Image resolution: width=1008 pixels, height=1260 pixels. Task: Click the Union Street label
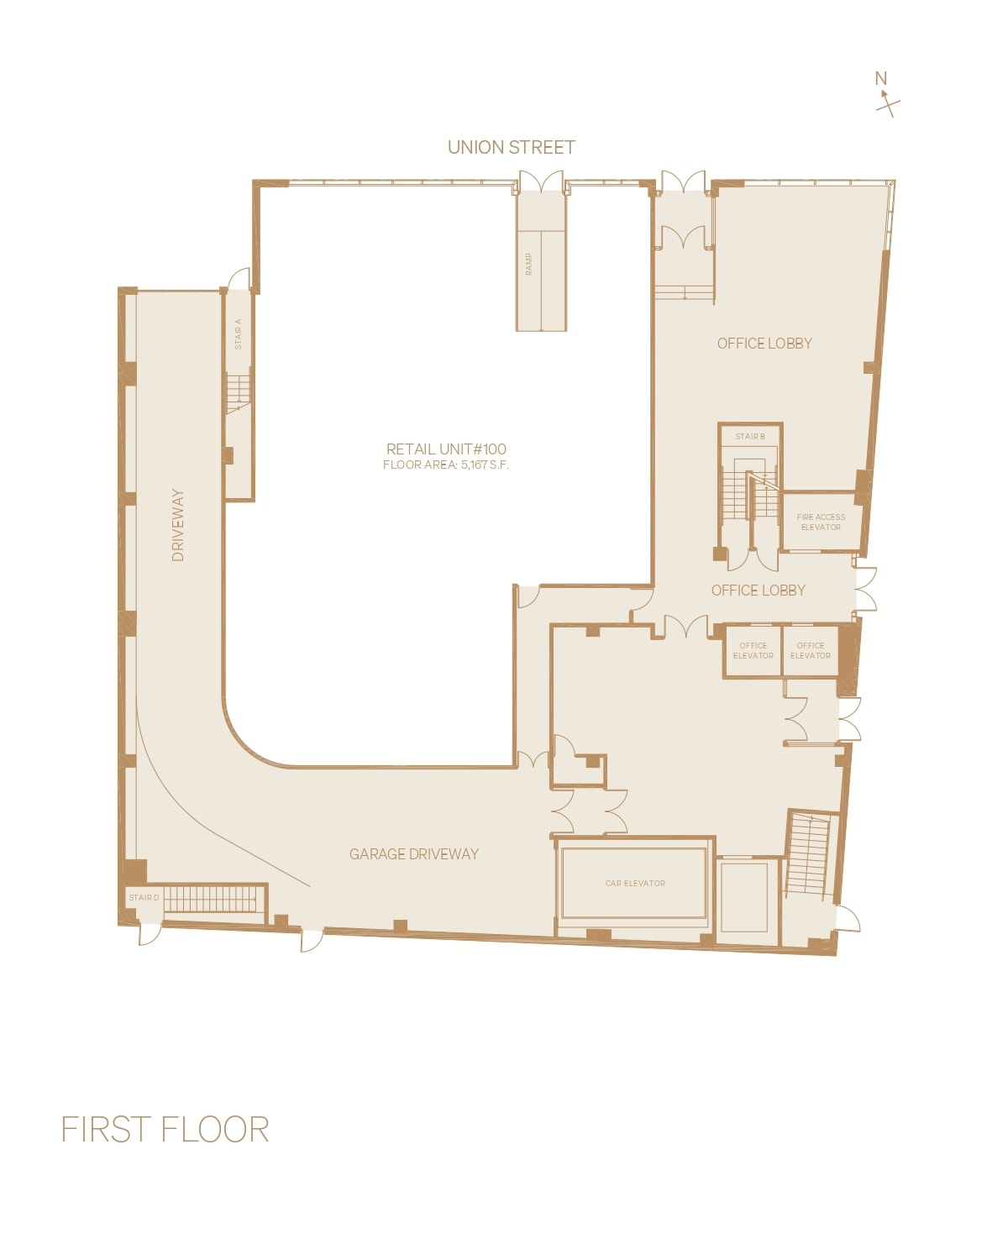pos(511,148)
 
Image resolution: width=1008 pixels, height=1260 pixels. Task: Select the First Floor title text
pos(165,1130)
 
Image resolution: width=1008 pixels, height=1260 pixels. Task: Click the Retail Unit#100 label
pos(446,449)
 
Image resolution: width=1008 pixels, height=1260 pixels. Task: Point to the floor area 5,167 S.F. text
pos(446,465)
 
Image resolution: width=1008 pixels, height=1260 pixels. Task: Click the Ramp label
pos(529,264)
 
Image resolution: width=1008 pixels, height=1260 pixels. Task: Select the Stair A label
pos(239,333)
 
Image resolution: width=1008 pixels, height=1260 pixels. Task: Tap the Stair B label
pos(750,437)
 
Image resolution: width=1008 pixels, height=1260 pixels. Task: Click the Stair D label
pos(144,898)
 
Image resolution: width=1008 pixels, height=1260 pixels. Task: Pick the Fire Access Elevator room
pos(821,522)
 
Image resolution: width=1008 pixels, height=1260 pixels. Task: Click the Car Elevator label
pos(635,884)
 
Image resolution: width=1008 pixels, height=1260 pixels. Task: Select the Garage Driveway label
pos(414,854)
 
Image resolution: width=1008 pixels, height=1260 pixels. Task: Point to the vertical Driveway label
pos(178,525)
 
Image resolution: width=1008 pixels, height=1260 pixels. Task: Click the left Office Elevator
pos(753,651)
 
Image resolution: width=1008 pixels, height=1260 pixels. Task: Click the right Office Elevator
pos(811,651)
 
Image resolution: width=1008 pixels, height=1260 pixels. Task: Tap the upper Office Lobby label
pos(764,344)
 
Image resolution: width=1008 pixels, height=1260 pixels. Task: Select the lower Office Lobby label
pos(759,591)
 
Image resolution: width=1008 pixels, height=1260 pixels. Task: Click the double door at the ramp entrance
pos(540,182)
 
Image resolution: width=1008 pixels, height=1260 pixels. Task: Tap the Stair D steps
pos(210,899)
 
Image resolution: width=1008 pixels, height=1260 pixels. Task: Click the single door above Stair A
pos(240,280)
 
